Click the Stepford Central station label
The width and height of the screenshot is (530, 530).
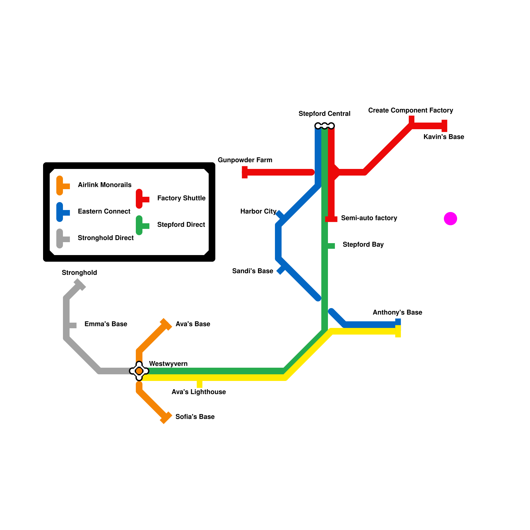[x=324, y=114]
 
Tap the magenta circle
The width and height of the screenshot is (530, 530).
[x=450, y=219]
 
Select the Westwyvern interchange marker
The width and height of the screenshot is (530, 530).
[x=139, y=371]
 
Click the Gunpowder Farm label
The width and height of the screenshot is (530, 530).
[x=245, y=160]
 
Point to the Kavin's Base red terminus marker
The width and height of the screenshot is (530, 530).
[x=445, y=126]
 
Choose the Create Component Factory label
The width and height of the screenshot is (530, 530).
[x=410, y=110]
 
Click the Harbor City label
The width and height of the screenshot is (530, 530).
[x=258, y=211]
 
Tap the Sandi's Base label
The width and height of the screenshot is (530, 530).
[x=252, y=271]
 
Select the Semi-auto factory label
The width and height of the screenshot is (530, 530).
[x=369, y=218]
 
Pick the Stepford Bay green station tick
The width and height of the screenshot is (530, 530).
[x=331, y=246]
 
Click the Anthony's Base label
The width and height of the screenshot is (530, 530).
[x=397, y=312]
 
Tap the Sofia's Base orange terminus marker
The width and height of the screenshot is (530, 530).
[x=166, y=418]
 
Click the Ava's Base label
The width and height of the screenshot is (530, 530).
[x=193, y=324]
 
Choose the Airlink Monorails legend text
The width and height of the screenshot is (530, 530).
[x=104, y=185]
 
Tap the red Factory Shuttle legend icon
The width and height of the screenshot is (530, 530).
[x=140, y=199]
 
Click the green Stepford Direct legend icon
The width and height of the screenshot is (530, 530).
[x=140, y=225]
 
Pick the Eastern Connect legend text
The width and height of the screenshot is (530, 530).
[x=104, y=211]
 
